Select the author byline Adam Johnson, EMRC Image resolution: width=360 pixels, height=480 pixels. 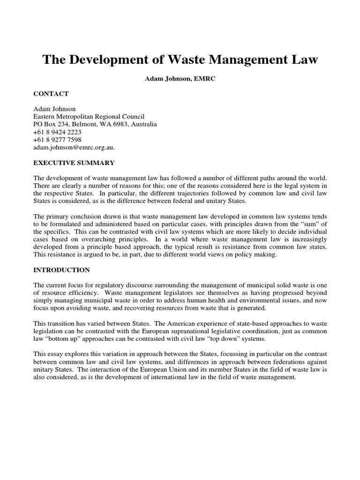point(180,79)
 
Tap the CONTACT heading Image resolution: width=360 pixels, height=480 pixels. point(51,94)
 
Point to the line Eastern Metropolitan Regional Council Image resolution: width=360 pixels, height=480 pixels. point(89,117)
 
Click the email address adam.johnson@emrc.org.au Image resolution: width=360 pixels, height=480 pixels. point(73,147)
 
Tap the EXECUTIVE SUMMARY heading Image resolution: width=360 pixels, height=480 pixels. point(74,163)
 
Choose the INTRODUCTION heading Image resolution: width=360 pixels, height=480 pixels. point(61,270)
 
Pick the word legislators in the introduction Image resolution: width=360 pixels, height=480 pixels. point(176,292)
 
